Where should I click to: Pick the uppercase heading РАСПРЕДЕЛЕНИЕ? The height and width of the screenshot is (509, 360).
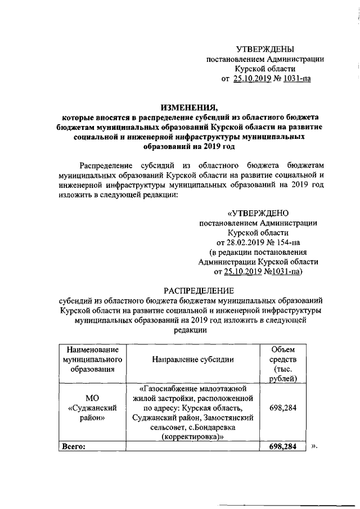(x=198, y=290)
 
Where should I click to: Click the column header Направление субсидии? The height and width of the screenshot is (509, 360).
(x=193, y=359)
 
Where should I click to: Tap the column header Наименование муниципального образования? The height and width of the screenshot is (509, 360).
(x=92, y=359)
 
